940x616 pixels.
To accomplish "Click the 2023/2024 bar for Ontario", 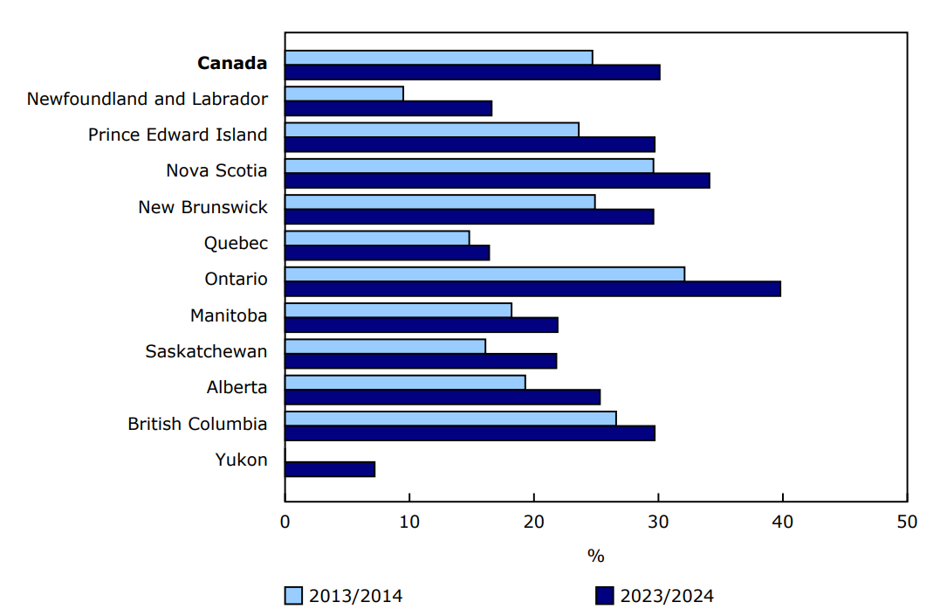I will click(532, 288).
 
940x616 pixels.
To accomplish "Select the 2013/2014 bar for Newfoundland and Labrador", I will click(344, 93).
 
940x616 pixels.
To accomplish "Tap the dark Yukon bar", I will click(330, 469).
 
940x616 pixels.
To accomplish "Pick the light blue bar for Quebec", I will click(377, 238).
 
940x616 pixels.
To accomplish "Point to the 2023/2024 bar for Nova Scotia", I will click(497, 180).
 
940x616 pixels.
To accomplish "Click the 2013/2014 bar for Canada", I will click(438, 58).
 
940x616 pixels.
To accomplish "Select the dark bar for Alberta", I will click(443, 397).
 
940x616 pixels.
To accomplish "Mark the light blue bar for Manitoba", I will click(398, 310).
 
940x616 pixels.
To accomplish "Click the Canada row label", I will click(232, 63).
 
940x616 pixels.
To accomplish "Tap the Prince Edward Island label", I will click(178, 135).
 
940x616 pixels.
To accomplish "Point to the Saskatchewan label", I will click(207, 351).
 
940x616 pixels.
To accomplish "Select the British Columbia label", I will click(197, 424).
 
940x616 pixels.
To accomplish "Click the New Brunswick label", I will click(202, 207).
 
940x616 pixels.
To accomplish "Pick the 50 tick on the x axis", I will click(908, 522).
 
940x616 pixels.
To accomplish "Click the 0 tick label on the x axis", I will click(285, 522).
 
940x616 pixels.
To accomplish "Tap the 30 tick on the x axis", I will click(658, 522).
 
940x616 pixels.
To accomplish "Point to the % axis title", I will click(596, 556).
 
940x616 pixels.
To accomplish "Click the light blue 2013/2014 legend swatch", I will click(293, 596).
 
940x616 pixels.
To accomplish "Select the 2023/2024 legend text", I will click(667, 596).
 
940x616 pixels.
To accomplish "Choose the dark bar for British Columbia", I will click(470, 433).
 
